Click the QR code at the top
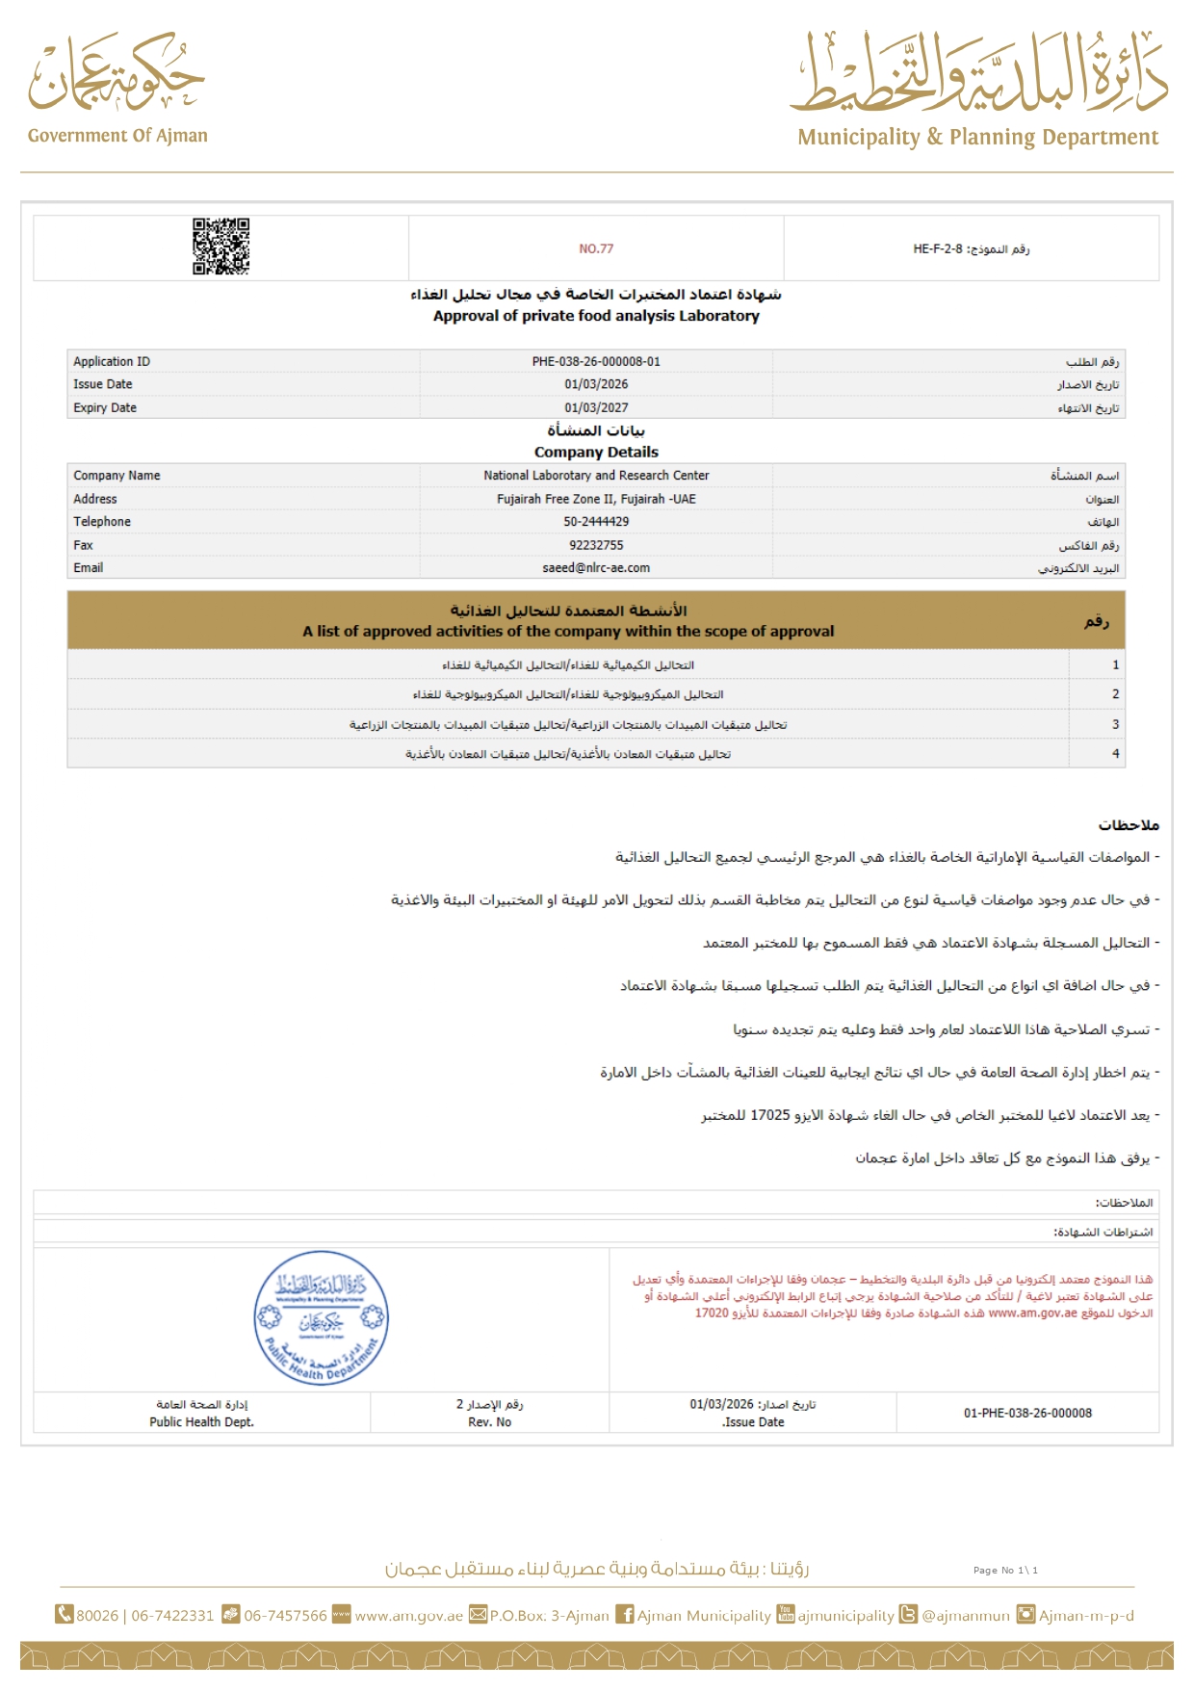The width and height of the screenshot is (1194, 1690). coord(221,247)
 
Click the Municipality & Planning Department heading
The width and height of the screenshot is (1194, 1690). coord(977,138)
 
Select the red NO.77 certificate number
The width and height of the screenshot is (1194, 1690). coord(596,248)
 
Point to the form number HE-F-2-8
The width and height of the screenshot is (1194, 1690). coord(938,248)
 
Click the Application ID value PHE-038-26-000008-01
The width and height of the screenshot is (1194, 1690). coord(596,362)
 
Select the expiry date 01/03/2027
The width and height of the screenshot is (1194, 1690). coord(596,407)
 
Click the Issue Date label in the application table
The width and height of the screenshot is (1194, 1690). coord(103,384)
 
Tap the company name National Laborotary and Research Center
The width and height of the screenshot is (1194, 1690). coord(596,476)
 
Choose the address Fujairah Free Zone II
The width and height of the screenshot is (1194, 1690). coord(596,499)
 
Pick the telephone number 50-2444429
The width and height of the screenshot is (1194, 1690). coord(596,522)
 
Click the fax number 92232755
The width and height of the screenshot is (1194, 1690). coord(596,545)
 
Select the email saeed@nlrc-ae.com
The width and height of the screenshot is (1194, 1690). coord(596,568)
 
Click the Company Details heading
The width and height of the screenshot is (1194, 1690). coord(596,452)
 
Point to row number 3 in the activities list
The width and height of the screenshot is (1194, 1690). coord(1115,724)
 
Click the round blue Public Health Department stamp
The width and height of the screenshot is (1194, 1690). coord(321,1318)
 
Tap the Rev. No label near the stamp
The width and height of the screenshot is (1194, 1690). coord(489,1421)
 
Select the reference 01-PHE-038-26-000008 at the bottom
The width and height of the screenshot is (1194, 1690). coord(1027,1413)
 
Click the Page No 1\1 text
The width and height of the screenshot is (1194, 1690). coord(1005,1570)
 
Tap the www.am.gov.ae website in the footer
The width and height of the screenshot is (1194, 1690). coord(408,1616)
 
